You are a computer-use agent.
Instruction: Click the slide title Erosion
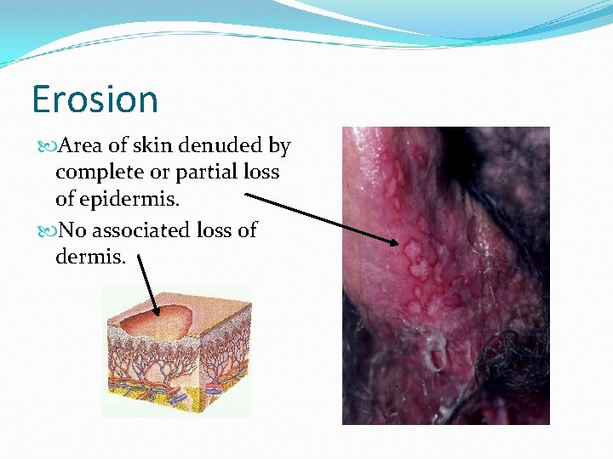(95, 99)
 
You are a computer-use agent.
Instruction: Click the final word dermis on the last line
(89, 255)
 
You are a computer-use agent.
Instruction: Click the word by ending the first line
(279, 147)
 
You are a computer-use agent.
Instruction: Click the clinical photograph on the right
(445, 275)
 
